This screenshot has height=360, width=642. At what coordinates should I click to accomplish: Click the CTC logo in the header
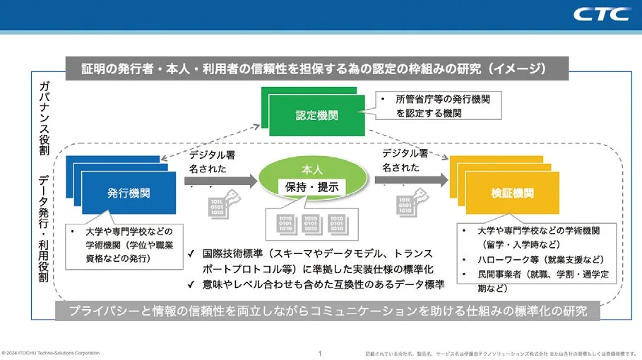point(602,14)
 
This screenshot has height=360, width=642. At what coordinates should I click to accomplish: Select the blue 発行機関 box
point(128,192)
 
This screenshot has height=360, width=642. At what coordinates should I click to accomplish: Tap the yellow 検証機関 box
point(512,192)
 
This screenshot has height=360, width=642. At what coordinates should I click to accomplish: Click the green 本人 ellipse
point(311,179)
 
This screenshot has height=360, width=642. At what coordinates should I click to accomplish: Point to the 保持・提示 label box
point(311,188)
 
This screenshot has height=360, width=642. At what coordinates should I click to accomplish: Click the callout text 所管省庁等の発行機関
point(439,101)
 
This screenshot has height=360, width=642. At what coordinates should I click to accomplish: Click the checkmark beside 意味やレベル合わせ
point(191,285)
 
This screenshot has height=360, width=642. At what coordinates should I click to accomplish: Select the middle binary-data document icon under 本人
point(311,224)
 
